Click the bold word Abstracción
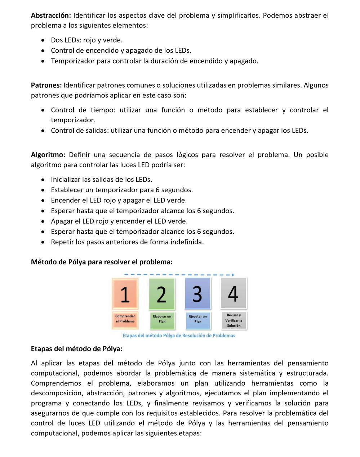tap(51, 16)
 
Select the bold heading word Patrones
tap(46, 85)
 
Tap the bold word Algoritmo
tap(48, 155)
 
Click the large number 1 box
tap(125, 294)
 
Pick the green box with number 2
tap(162, 294)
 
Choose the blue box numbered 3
tap(197, 294)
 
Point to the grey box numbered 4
tap(234, 293)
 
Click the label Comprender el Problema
tap(125, 319)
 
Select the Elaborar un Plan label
tap(162, 319)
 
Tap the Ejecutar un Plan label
tap(198, 319)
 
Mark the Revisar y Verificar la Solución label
tap(234, 320)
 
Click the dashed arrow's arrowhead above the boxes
tap(233, 275)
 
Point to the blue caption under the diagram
tap(179, 336)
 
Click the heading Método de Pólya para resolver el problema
tap(102, 262)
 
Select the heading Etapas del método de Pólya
tap(77, 349)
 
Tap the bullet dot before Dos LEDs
tap(43, 40)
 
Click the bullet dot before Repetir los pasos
tap(43, 242)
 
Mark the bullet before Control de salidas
tap(43, 131)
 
